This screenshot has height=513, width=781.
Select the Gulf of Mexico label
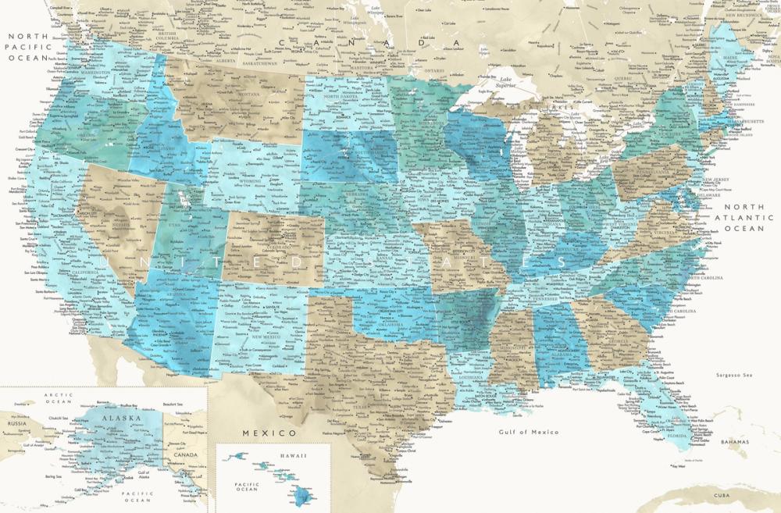[529, 432]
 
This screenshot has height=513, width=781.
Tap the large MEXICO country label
[269, 433]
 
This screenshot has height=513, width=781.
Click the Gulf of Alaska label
[143, 475]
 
